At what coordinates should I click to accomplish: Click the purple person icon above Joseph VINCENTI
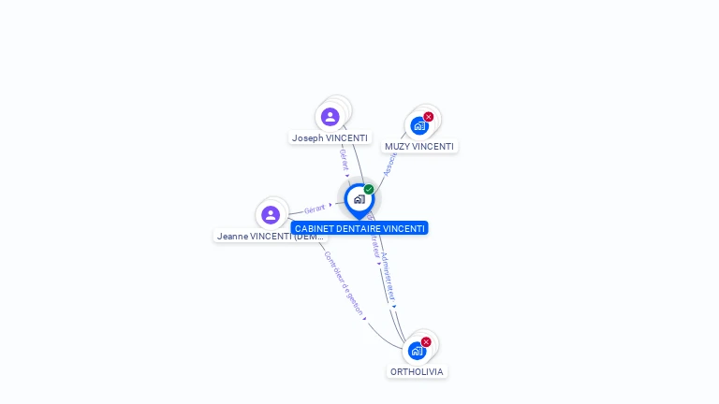pos(330,117)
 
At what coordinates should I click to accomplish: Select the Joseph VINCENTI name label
pos(330,137)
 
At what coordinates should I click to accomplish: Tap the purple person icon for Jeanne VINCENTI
pos(271,215)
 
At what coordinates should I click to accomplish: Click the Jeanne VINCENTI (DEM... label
pos(270,237)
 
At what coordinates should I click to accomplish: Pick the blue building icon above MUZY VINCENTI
pos(418,125)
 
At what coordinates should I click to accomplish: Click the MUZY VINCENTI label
pos(419,147)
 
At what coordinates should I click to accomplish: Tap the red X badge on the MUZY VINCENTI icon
pos(429,117)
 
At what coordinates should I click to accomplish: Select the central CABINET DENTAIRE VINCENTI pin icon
pos(359,199)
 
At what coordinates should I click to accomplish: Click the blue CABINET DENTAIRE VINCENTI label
pos(359,228)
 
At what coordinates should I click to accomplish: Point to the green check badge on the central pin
pos(369,190)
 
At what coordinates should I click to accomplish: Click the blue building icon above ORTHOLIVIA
pos(417,351)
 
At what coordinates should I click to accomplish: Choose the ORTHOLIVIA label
pos(417,372)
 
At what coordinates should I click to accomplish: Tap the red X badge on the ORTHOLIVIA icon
pos(426,342)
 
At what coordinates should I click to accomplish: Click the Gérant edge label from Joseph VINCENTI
pos(344,158)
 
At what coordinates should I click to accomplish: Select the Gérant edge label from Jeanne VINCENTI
pos(315,209)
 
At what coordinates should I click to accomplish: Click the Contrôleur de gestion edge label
pos(343,282)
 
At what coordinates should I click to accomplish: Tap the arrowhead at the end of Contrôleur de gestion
pos(365,318)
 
